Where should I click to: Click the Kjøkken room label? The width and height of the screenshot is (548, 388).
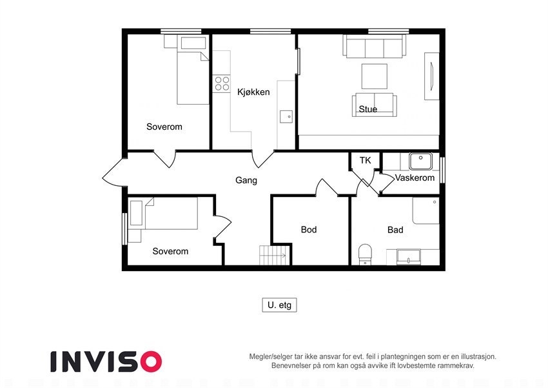click(x=253, y=92)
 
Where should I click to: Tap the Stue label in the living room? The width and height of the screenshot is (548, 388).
click(x=368, y=109)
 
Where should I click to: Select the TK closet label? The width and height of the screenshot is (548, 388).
click(x=366, y=161)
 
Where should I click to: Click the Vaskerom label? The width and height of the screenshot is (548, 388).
click(x=415, y=178)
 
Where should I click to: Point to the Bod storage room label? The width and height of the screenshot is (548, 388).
click(x=309, y=230)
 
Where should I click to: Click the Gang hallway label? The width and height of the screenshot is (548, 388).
click(x=246, y=180)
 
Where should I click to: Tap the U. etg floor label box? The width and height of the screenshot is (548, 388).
click(x=279, y=305)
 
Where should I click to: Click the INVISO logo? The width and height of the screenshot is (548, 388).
click(x=106, y=361)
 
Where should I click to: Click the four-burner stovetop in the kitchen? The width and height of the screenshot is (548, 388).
click(x=222, y=83)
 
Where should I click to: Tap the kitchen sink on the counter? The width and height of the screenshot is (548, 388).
click(x=286, y=117)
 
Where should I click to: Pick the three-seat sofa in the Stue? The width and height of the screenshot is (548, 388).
click(x=375, y=47)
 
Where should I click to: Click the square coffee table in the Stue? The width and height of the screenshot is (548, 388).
click(x=374, y=76)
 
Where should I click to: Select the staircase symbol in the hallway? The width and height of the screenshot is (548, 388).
click(x=271, y=255)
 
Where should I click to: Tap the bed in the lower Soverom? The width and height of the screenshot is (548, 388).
click(x=170, y=214)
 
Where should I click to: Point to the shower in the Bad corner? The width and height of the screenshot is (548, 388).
click(x=426, y=211)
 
